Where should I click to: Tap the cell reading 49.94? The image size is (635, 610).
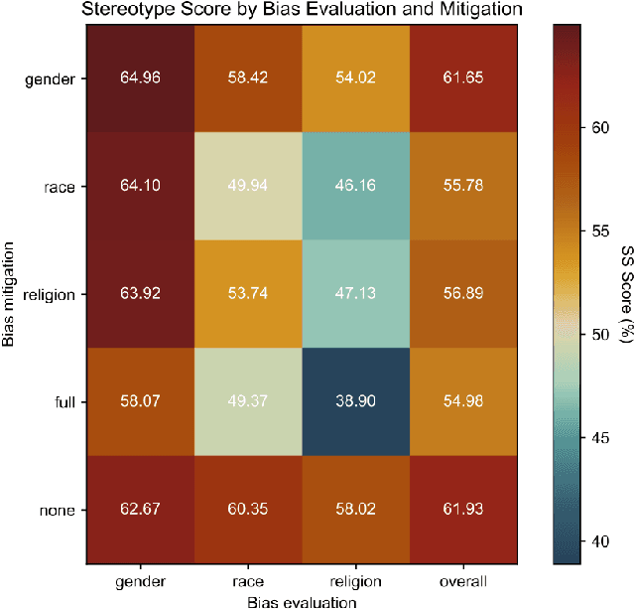(246, 185)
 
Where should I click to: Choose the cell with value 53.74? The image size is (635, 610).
(246, 294)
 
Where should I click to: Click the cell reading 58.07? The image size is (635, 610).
(140, 403)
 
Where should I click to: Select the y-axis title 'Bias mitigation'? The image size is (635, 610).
(10, 294)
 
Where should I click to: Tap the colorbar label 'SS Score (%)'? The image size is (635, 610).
(624, 294)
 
